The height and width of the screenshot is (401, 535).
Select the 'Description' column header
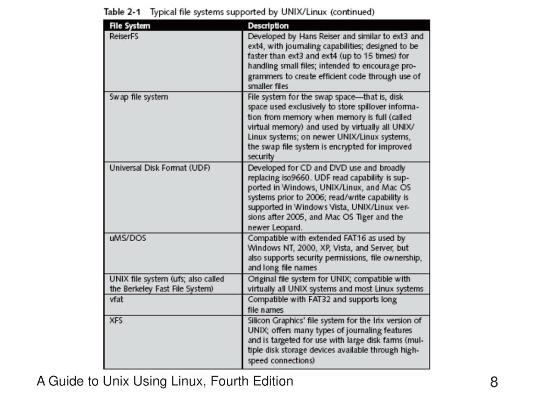pos(268,26)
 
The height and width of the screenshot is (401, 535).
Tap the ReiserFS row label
pos(124,37)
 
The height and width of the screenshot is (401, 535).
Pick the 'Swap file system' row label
pos(138,97)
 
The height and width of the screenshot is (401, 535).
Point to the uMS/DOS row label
pos(127,238)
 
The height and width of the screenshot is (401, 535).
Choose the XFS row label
pos(116,320)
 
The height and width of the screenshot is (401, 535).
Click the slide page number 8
pos(494,382)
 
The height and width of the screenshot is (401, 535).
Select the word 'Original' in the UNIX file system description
pos(261,278)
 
